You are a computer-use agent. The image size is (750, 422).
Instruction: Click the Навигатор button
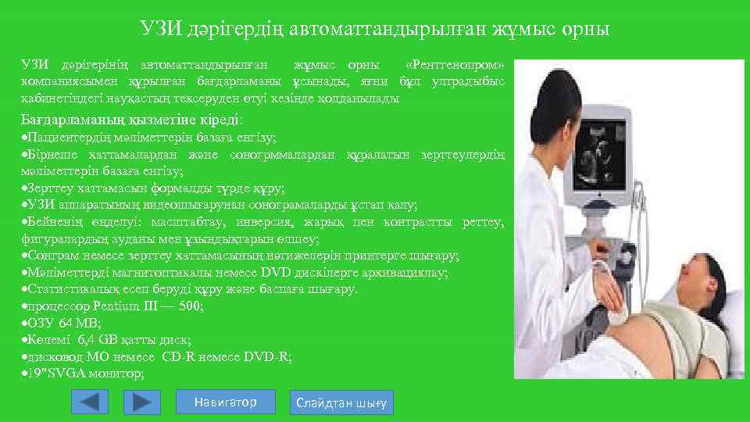click(226, 402)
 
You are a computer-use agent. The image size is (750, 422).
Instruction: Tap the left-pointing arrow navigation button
click(90, 402)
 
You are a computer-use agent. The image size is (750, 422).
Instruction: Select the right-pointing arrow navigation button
click(141, 402)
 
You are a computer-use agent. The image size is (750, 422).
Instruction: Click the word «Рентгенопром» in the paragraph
click(455, 63)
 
